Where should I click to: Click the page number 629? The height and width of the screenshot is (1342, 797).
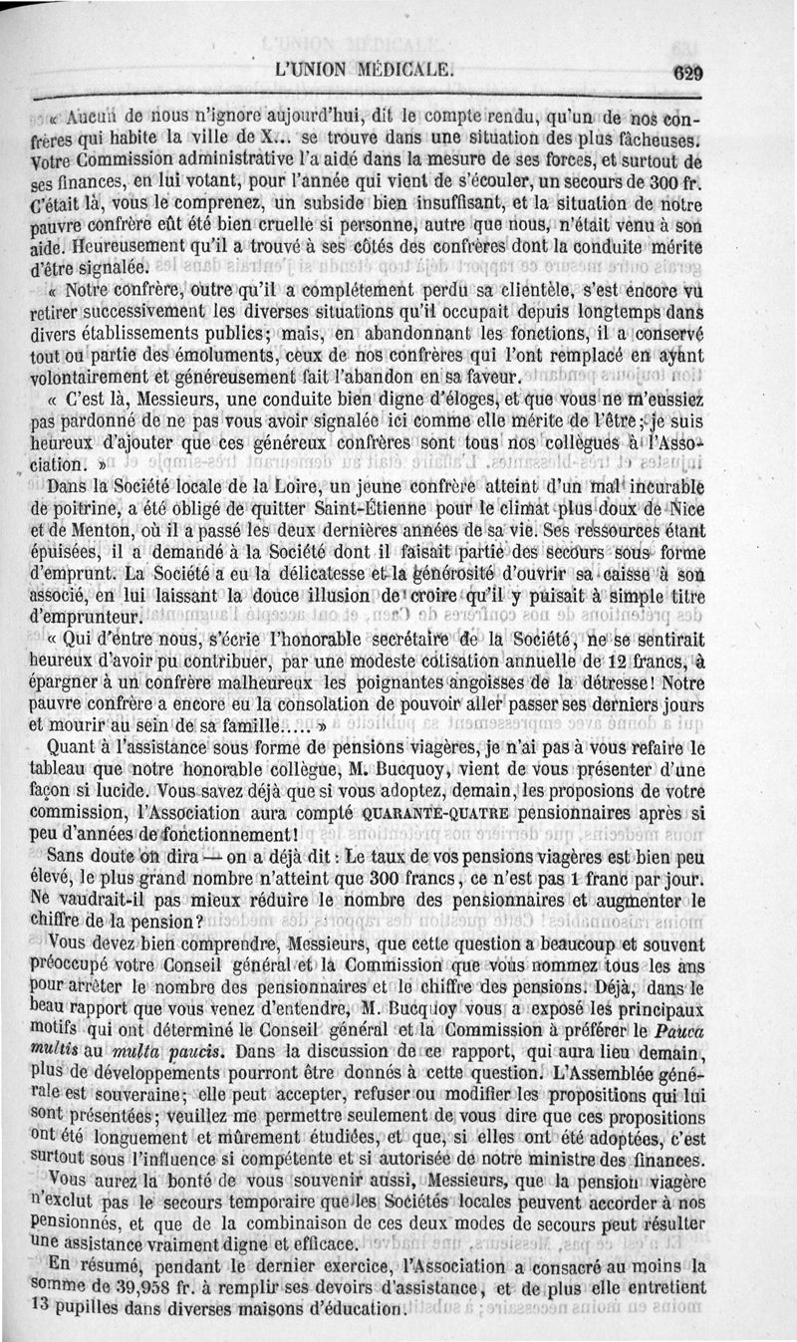[x=686, y=72]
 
